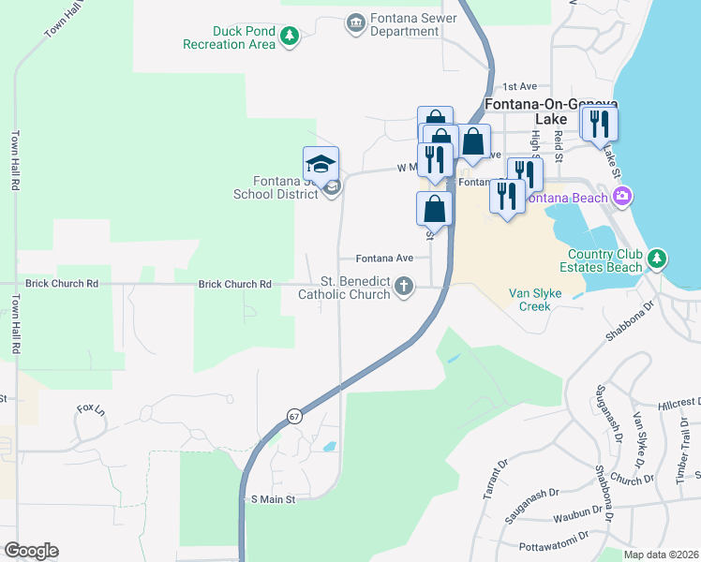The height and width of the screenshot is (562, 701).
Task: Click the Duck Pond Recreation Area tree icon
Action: tap(291, 37)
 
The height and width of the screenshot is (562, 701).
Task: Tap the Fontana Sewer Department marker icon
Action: tap(355, 22)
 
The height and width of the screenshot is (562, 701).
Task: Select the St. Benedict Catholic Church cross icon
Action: tap(404, 286)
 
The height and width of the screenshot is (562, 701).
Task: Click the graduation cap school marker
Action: tap(321, 165)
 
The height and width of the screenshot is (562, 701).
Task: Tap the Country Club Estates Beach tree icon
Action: tap(658, 257)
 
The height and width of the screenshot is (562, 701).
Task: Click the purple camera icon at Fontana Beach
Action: tap(621, 196)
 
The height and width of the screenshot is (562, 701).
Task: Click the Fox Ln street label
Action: tap(90, 409)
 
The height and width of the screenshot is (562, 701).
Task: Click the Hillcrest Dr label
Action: tap(679, 401)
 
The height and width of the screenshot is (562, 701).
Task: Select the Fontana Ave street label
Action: tap(384, 258)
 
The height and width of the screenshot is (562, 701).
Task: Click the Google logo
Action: tap(31, 551)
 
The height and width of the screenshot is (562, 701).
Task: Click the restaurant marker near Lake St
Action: tap(598, 125)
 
